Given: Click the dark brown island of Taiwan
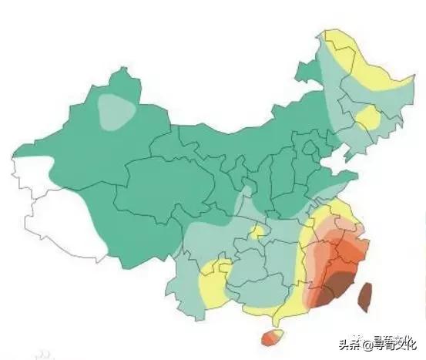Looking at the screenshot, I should click(x=365, y=296).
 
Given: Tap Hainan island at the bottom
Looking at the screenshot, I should click(x=272, y=337).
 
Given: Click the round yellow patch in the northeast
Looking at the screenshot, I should click(x=368, y=118).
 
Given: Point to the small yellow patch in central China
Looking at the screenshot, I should click(x=259, y=231).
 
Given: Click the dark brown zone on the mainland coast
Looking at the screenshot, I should click(x=336, y=291).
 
